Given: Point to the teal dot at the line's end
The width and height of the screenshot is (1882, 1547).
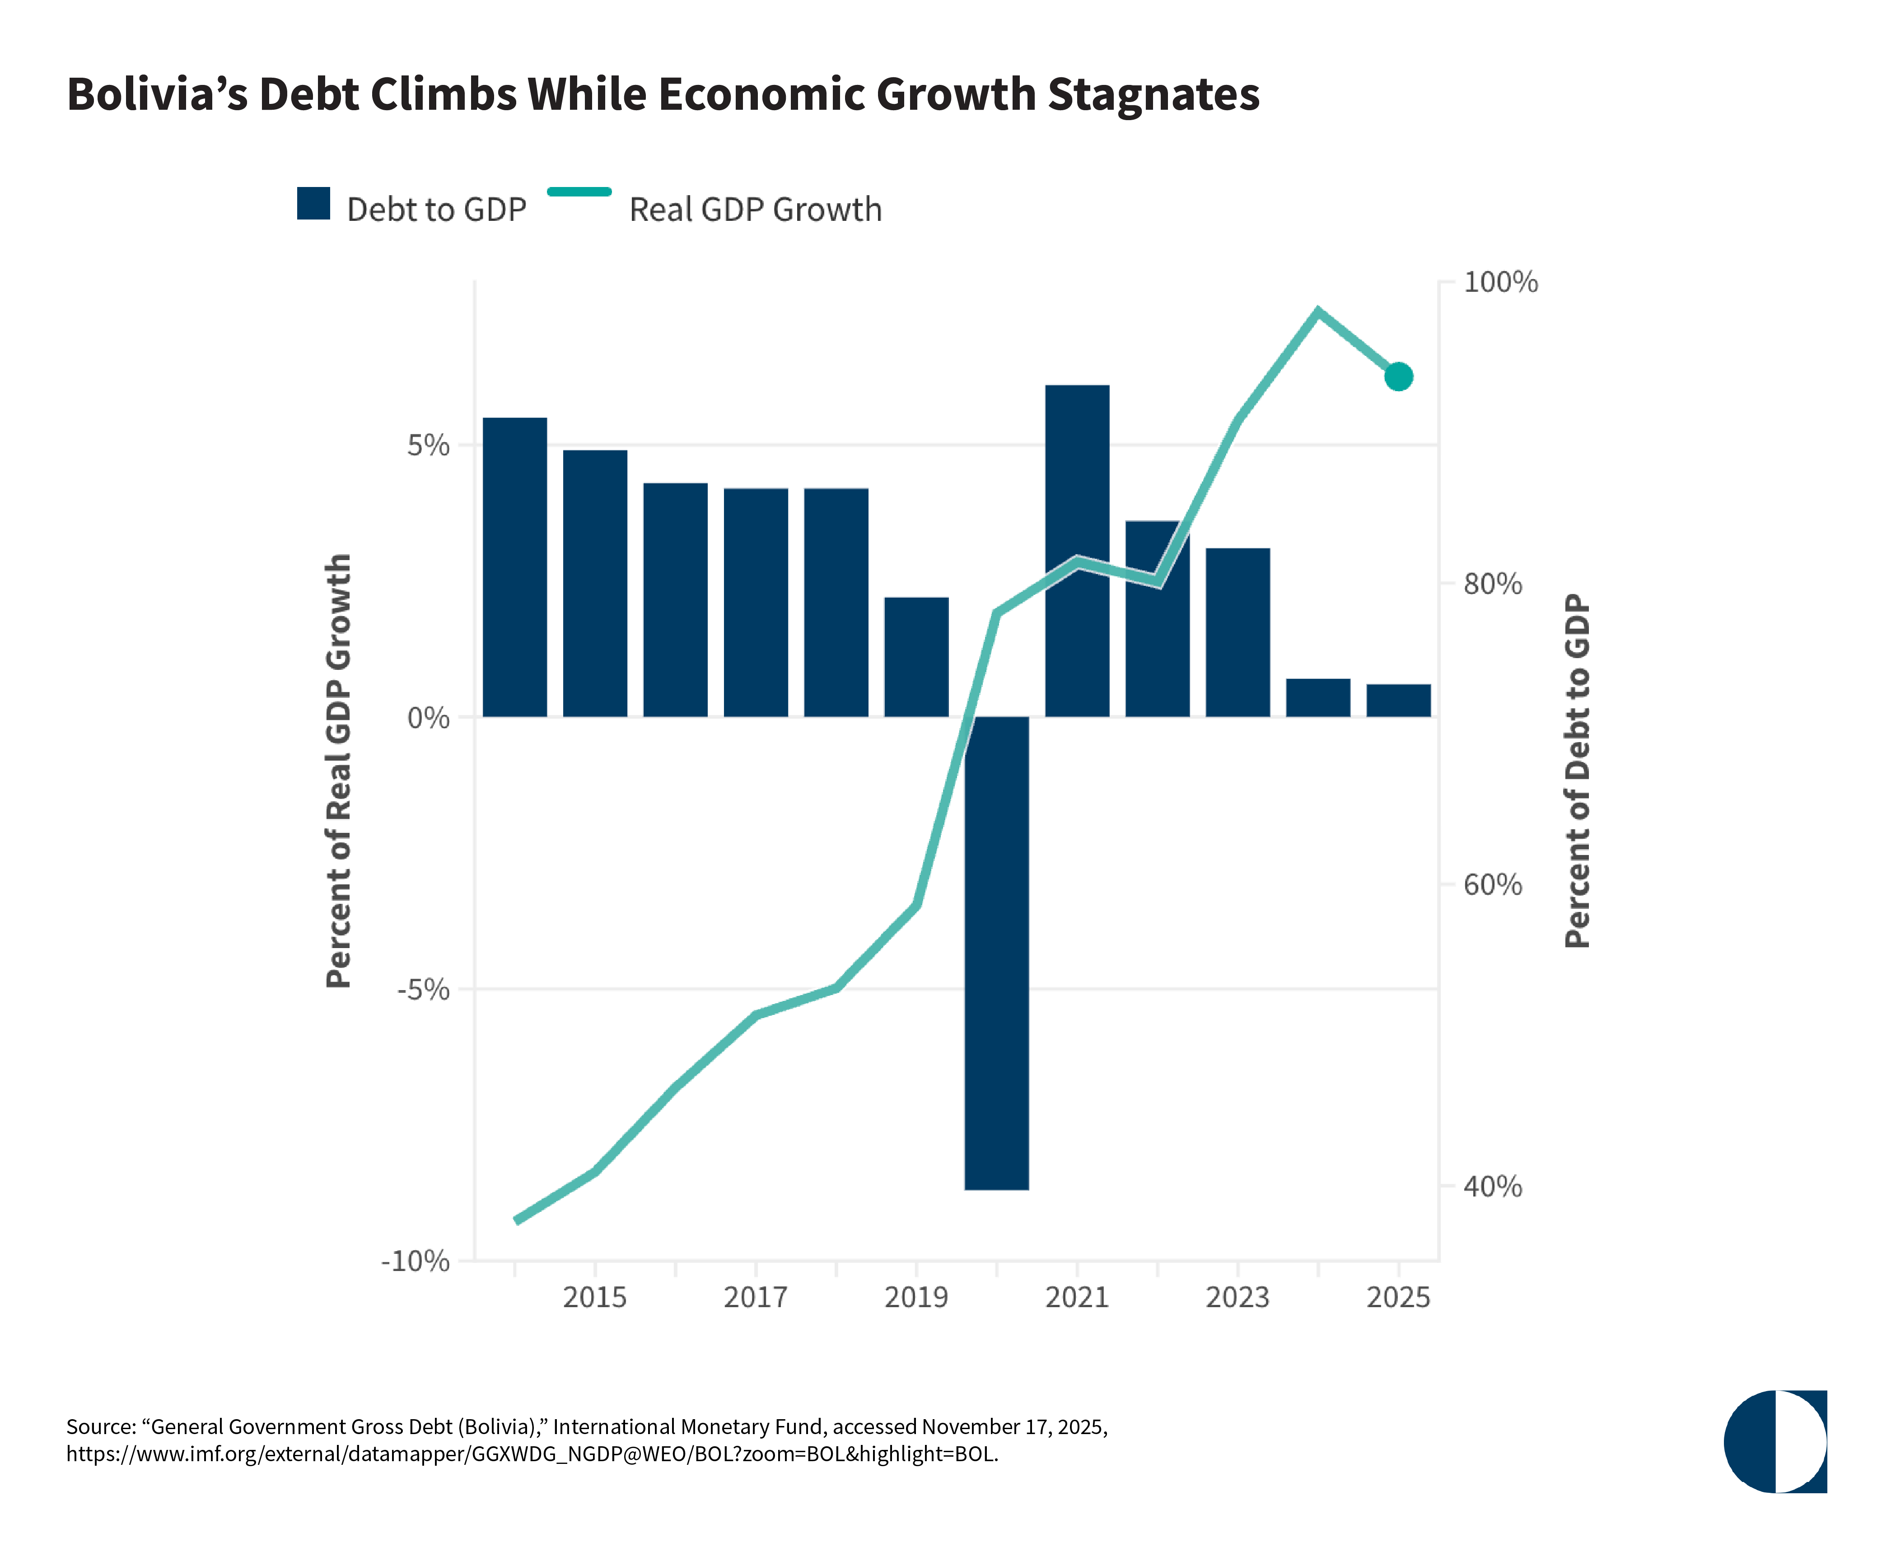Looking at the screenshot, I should click(x=1398, y=377).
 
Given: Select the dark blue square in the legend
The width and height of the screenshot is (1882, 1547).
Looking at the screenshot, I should click(x=313, y=203).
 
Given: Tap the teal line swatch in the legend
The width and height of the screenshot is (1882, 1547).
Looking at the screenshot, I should click(x=579, y=192).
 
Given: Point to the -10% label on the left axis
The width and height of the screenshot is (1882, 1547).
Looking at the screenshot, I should click(x=415, y=1261).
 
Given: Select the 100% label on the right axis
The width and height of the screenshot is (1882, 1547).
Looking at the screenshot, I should click(x=1501, y=282).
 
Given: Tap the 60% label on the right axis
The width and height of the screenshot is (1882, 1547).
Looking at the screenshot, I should click(x=1493, y=885).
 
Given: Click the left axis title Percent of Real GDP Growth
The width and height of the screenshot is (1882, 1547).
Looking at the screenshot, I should click(x=339, y=771).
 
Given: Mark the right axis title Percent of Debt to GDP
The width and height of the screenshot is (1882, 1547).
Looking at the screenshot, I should click(x=1577, y=771).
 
